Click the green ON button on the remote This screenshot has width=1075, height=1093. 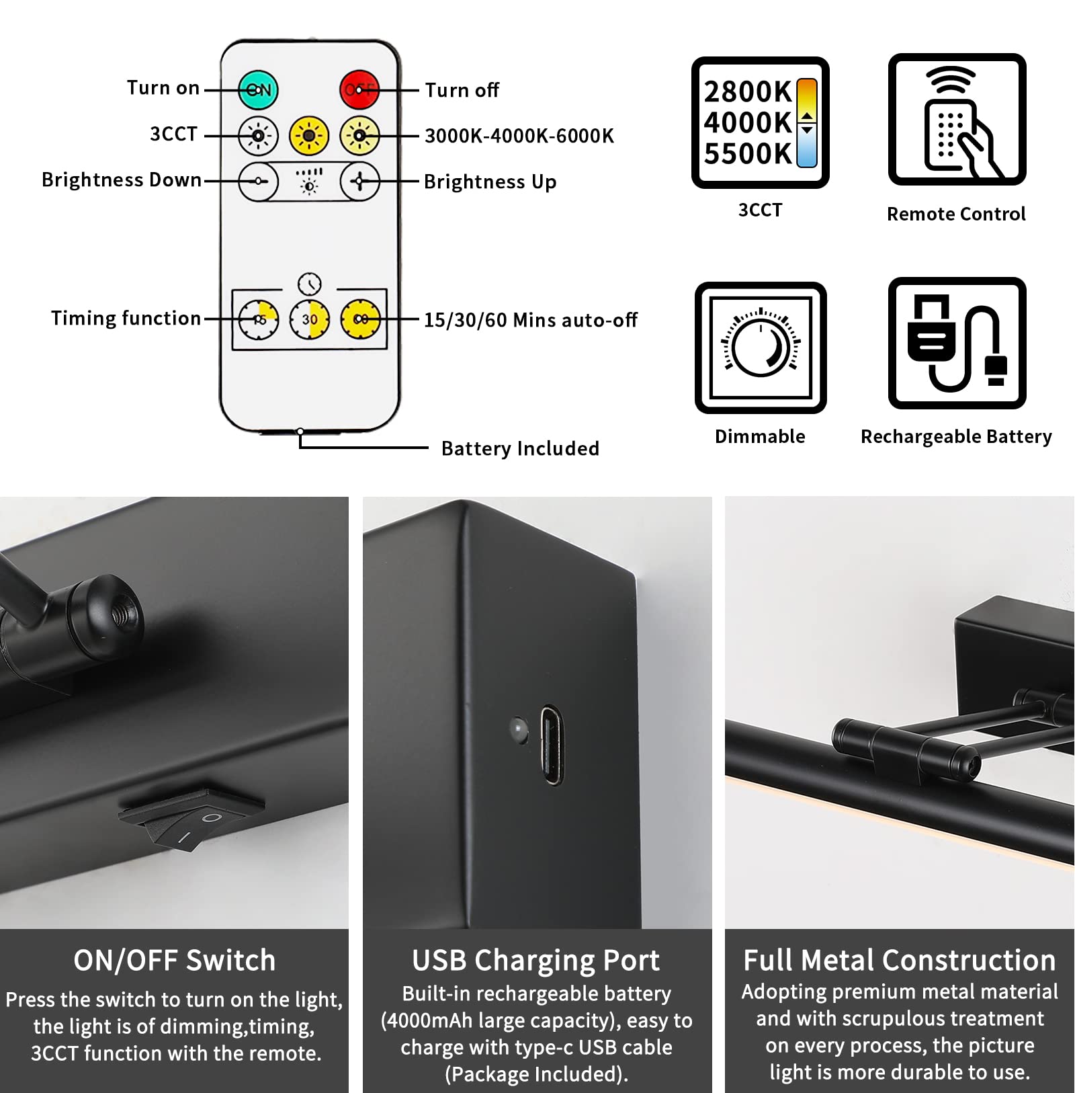pos(259,89)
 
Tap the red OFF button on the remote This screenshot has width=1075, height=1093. pos(359,89)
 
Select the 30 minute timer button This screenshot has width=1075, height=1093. pos(310,319)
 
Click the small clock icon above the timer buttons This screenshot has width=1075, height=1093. pos(310,284)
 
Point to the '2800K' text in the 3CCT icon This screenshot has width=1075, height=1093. pos(748,92)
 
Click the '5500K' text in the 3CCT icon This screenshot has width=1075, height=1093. pos(748,154)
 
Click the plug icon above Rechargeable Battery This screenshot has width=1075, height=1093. pos(957,343)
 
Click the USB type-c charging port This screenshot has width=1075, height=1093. pos(552,744)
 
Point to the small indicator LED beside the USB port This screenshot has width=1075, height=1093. pos(518,729)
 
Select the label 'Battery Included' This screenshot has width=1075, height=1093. pos(520,448)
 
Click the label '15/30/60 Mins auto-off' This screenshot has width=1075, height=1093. pos(530,320)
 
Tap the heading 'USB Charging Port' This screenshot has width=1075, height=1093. pos(536,961)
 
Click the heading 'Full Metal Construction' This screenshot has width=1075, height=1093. pos(900,960)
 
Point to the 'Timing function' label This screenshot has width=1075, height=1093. pos(126,318)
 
